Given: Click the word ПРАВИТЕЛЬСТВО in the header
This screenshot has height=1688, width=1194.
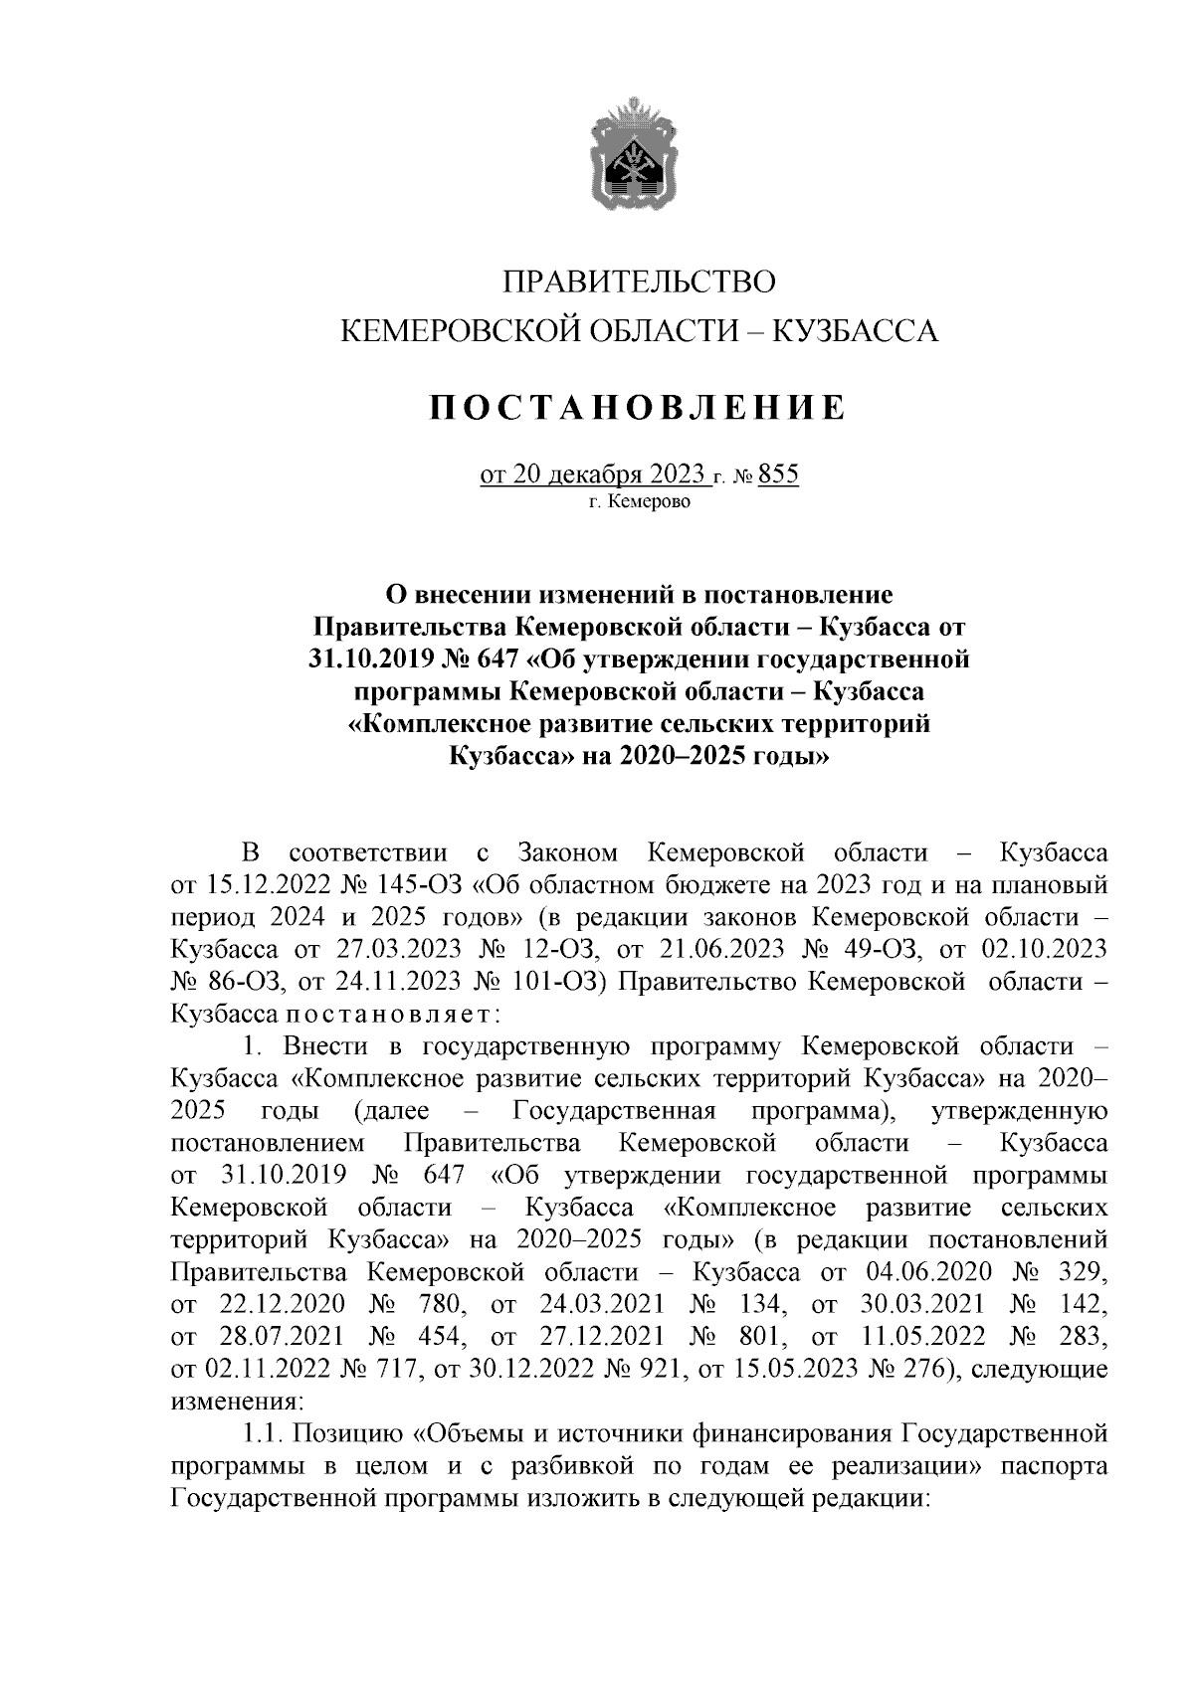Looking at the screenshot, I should (x=638, y=282).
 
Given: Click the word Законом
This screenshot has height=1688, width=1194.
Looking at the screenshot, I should (x=567, y=852).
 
